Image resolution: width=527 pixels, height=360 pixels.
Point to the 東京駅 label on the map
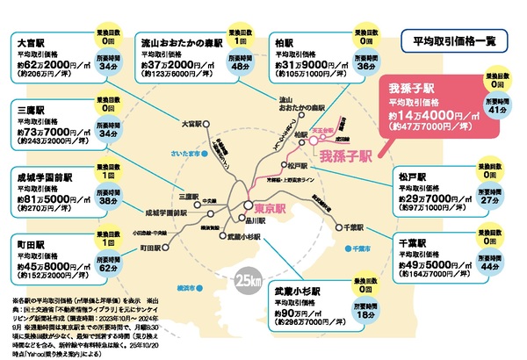(x=263, y=207)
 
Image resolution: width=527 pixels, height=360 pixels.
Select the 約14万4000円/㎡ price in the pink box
(x=427, y=113)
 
